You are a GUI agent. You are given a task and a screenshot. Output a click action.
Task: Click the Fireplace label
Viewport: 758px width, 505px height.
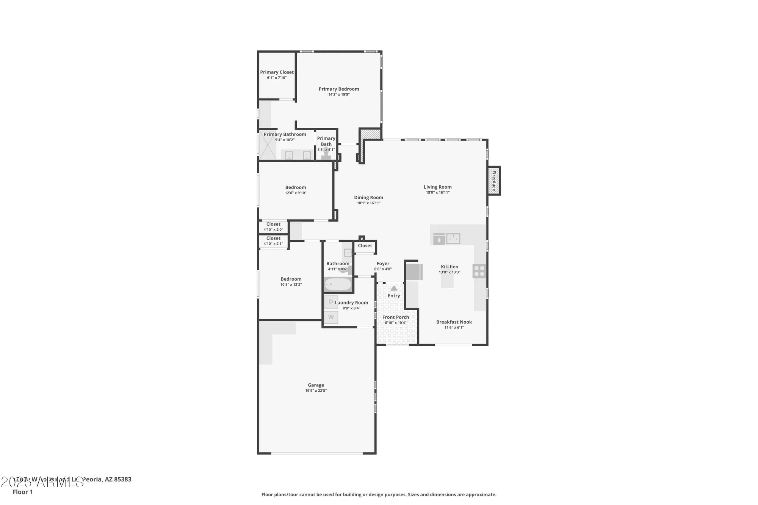pos(494,181)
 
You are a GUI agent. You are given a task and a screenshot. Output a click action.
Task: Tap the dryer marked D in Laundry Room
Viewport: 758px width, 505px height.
pos(331,302)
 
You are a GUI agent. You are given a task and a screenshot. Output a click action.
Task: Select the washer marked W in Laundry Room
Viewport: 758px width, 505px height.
pos(331,317)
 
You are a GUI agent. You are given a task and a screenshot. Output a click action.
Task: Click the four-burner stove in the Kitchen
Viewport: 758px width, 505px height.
pos(479,271)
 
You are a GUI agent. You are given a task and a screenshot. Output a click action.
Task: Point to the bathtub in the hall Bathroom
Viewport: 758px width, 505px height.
pos(338,284)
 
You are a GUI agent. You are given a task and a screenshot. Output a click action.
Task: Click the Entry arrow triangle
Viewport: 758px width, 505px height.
pos(394,288)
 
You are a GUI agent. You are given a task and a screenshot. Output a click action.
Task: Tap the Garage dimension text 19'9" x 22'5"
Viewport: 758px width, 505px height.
pos(316,391)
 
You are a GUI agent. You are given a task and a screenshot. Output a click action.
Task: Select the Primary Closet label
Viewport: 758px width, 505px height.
pos(277,72)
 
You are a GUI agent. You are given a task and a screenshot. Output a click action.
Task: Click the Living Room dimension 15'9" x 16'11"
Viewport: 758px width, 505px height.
pos(437,192)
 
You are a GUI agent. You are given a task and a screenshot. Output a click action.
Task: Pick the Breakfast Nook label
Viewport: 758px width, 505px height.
pos(454,322)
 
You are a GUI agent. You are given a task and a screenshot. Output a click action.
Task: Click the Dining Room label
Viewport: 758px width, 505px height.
pos(368,197)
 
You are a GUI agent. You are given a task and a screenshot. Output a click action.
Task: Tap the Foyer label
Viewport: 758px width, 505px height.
pos(383,263)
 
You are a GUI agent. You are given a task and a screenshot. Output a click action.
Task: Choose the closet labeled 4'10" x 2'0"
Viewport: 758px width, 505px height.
pos(273,227)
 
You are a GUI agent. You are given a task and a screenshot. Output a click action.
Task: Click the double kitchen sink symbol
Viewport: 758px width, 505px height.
pos(453,239)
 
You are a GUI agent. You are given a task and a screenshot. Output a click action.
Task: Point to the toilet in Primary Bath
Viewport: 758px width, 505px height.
pos(326,155)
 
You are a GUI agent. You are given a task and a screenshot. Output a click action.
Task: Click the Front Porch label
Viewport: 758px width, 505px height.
pos(395,317)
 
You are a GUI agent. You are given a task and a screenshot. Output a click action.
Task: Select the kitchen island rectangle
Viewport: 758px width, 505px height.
pos(447,281)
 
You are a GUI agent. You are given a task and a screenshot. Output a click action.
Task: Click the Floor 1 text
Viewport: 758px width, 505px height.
pos(23,492)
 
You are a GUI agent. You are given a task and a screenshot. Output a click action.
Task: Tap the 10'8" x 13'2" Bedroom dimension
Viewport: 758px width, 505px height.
pos(291,285)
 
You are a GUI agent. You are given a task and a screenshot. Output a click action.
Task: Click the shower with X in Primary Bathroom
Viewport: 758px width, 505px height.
pos(268,145)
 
